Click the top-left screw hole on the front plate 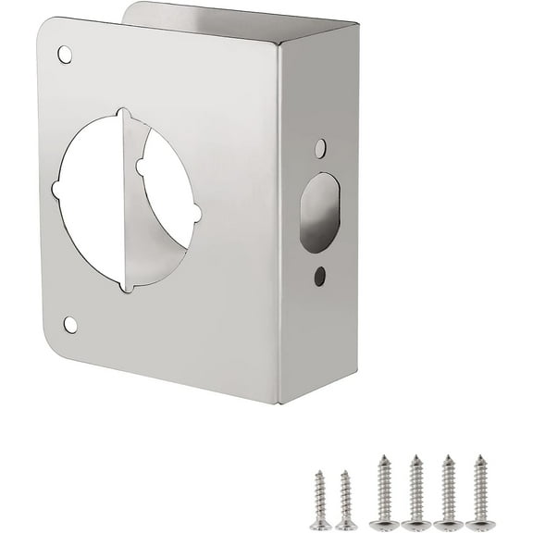pyautogui.click(x=65, y=55)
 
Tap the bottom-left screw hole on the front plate pyautogui.click(x=70, y=324)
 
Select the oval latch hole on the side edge pyautogui.click(x=319, y=213)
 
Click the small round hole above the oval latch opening pyautogui.click(x=320, y=148)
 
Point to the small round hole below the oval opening pyautogui.click(x=319, y=275)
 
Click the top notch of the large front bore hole pyautogui.click(x=124, y=117)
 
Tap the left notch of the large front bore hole pyautogui.click(x=57, y=190)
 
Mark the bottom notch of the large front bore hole pyautogui.click(x=126, y=286)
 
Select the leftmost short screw pyautogui.click(x=320, y=500)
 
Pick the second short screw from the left pyautogui.click(x=345, y=500)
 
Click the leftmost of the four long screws pyautogui.click(x=383, y=492)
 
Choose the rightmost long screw pyautogui.click(x=480, y=492)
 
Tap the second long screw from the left pyautogui.click(x=416, y=492)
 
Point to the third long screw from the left pyautogui.click(x=448, y=492)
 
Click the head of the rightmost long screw pyautogui.click(x=480, y=525)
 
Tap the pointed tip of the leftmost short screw pyautogui.click(x=317, y=473)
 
